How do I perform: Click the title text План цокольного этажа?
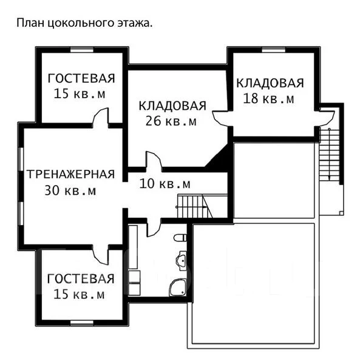coord(84,24)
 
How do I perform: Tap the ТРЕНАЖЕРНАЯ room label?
coord(70,174)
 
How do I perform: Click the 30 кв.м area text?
coord(70,190)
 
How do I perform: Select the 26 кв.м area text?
coord(171,121)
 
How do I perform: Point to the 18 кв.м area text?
coord(268,98)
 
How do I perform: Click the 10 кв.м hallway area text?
coord(165,184)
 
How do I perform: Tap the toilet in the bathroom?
coord(180,238)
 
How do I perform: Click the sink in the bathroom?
coord(182,261)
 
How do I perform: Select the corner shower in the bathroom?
coord(178,287)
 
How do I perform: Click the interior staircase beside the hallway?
coord(195,206)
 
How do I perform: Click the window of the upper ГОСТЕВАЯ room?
coord(82,50)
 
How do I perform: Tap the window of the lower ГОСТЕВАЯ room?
coord(82,323)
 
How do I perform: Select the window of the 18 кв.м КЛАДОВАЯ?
coord(274,50)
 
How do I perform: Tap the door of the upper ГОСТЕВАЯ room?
coord(100,118)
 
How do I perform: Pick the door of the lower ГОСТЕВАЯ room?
coord(100,255)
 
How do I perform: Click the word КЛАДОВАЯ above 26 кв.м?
coord(172,106)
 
